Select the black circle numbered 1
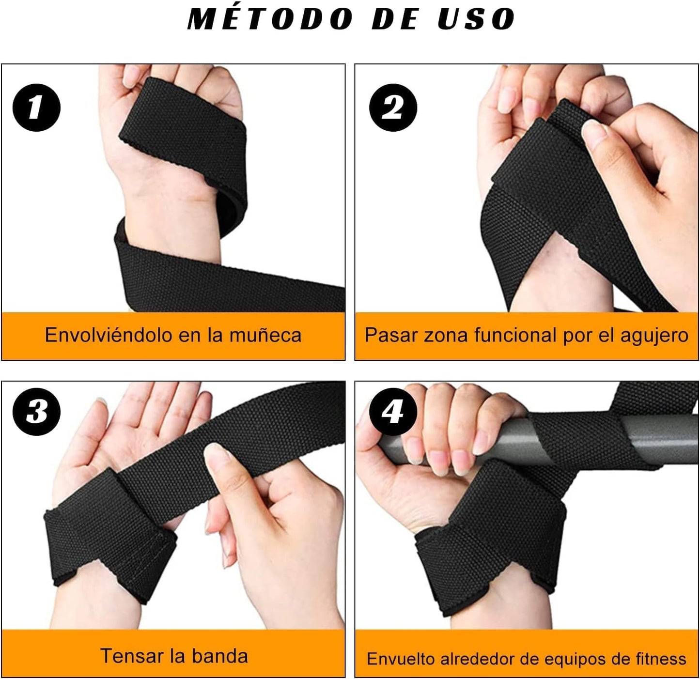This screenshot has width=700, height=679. point(36,107)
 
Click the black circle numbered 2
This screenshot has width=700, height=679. point(393,107)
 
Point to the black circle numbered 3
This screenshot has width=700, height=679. point(36,412)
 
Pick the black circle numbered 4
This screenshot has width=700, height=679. point(393,412)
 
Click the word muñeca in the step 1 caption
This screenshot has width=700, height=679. point(265,336)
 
